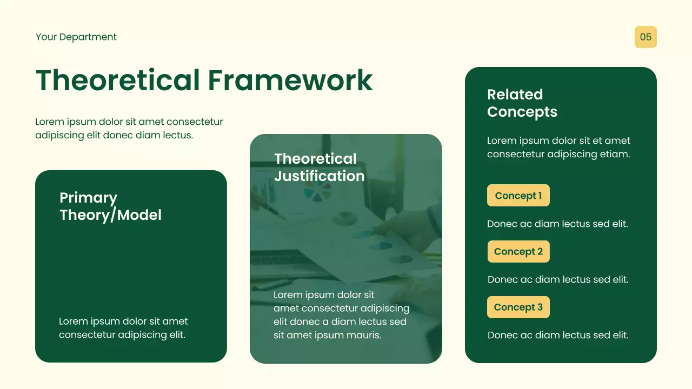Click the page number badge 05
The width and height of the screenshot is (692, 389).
click(x=646, y=37)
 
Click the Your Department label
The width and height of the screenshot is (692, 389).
click(x=76, y=37)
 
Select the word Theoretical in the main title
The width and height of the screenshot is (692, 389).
click(x=118, y=80)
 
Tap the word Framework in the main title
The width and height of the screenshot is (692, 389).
click(x=290, y=80)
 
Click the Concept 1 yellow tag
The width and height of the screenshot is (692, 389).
click(x=518, y=196)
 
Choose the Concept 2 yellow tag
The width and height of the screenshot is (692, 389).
click(x=518, y=252)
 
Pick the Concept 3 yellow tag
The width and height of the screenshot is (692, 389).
click(x=518, y=307)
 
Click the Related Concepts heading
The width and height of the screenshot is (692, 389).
click(x=522, y=103)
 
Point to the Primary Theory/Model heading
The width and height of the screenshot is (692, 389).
click(x=110, y=206)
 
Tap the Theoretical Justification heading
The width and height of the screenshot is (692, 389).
click(x=319, y=167)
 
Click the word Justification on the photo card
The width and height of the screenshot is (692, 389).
click(x=319, y=176)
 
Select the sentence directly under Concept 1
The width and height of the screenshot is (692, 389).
click(x=557, y=224)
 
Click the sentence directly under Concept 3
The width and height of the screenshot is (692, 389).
click(x=558, y=335)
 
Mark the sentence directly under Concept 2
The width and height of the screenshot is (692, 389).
click(x=558, y=279)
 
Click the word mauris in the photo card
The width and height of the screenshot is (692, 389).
click(x=365, y=335)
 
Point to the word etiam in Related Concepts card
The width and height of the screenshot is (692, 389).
click(x=615, y=154)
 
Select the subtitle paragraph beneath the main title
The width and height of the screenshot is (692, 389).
click(x=129, y=129)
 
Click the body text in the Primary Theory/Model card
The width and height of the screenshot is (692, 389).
click(x=123, y=328)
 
